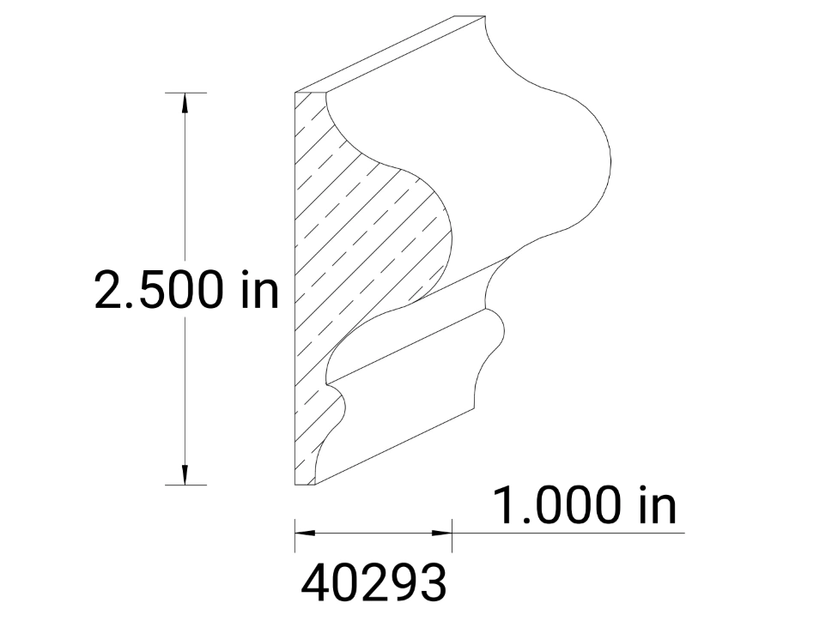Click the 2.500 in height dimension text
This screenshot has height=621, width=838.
pos(186,291)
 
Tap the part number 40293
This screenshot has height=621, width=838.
pos(374,582)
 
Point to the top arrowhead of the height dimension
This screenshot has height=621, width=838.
pos(184,101)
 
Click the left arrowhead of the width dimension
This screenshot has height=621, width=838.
pos(304,533)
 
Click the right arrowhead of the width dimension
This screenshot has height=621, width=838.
pos(443,533)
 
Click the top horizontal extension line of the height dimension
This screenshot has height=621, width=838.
pos(184,92)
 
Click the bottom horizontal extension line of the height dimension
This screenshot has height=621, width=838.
pos(184,485)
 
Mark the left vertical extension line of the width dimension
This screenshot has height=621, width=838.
pos(295,534)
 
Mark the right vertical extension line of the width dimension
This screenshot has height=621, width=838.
pos(452,534)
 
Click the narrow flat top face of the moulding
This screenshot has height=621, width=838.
pos(395,53)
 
